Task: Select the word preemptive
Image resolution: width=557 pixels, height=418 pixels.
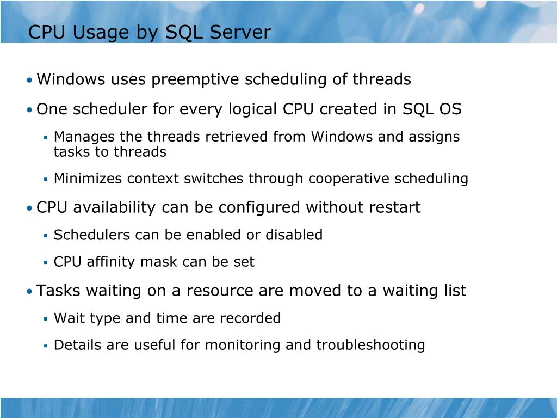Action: pos(195,80)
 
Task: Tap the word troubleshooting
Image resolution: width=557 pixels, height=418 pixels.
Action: pos(370,345)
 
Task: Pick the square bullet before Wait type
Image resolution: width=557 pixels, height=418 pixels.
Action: pos(46,319)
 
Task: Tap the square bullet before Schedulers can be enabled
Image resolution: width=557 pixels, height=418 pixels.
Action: pos(46,236)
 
